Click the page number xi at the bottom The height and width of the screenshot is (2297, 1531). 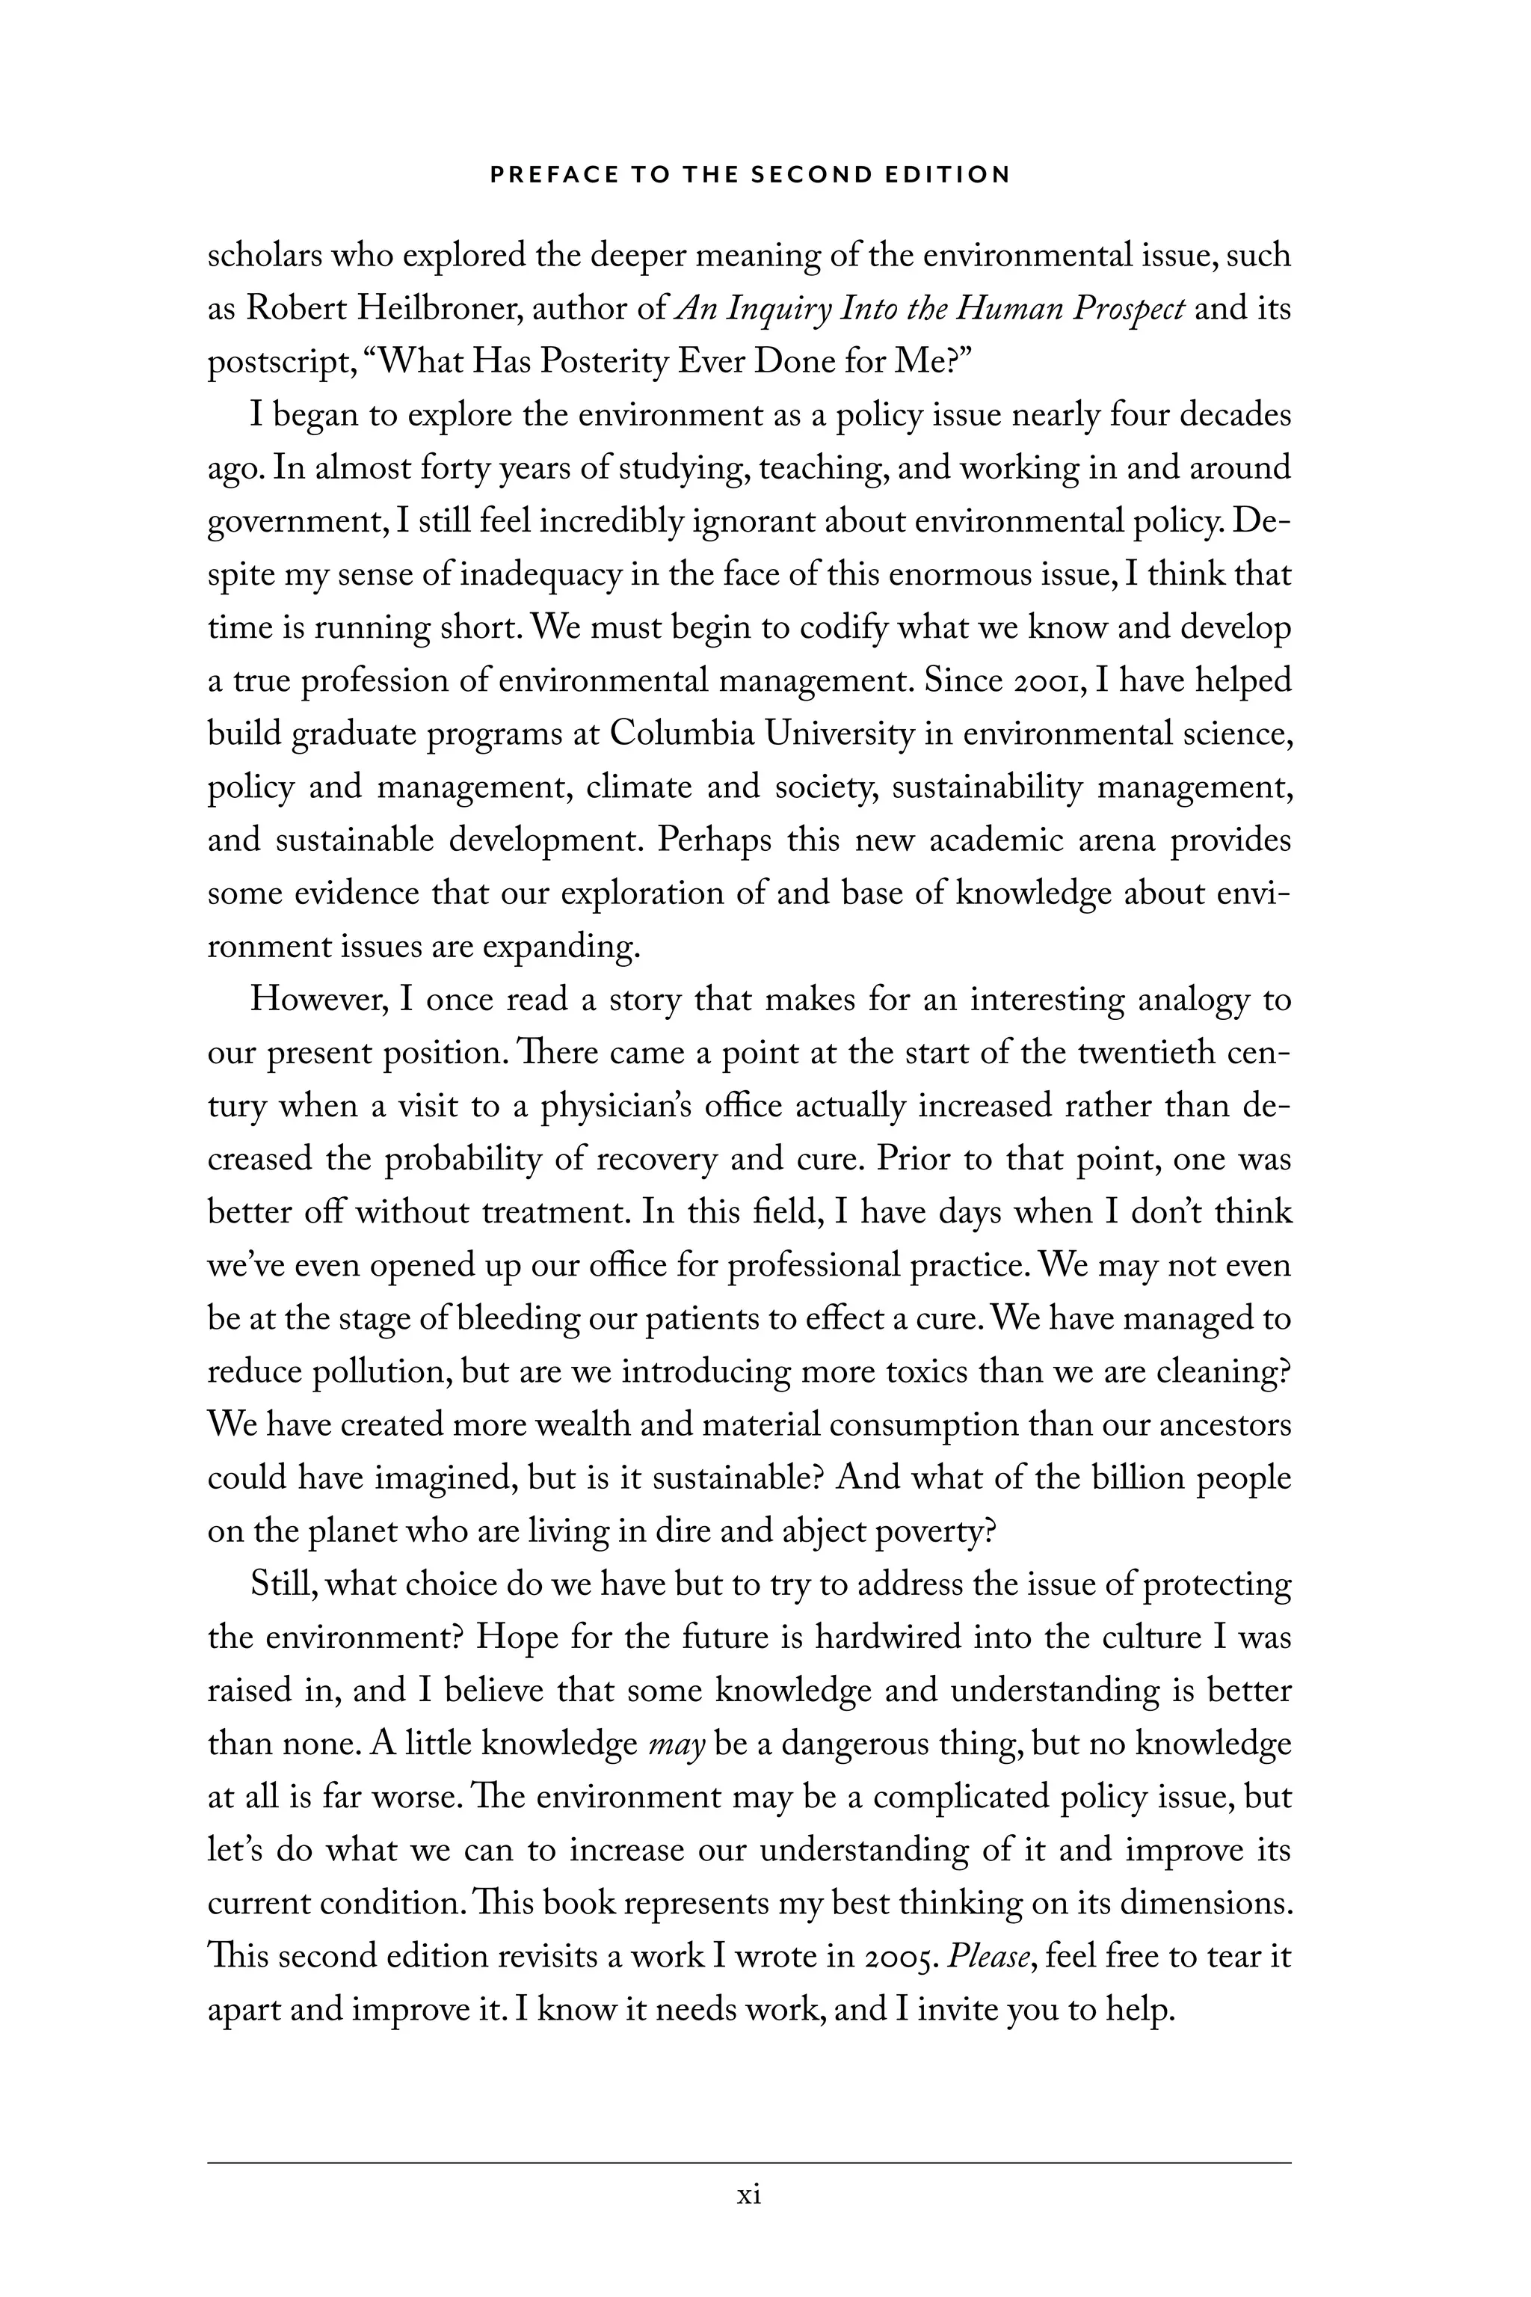pos(749,2196)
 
